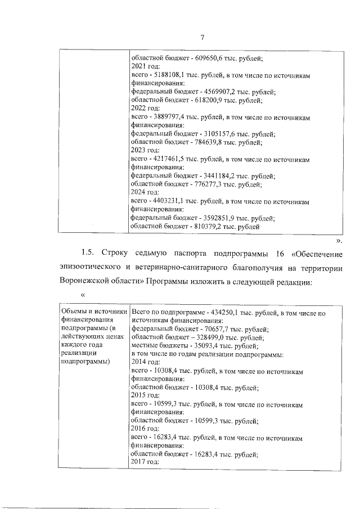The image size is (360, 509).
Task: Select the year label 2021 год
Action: click(x=145, y=66)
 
